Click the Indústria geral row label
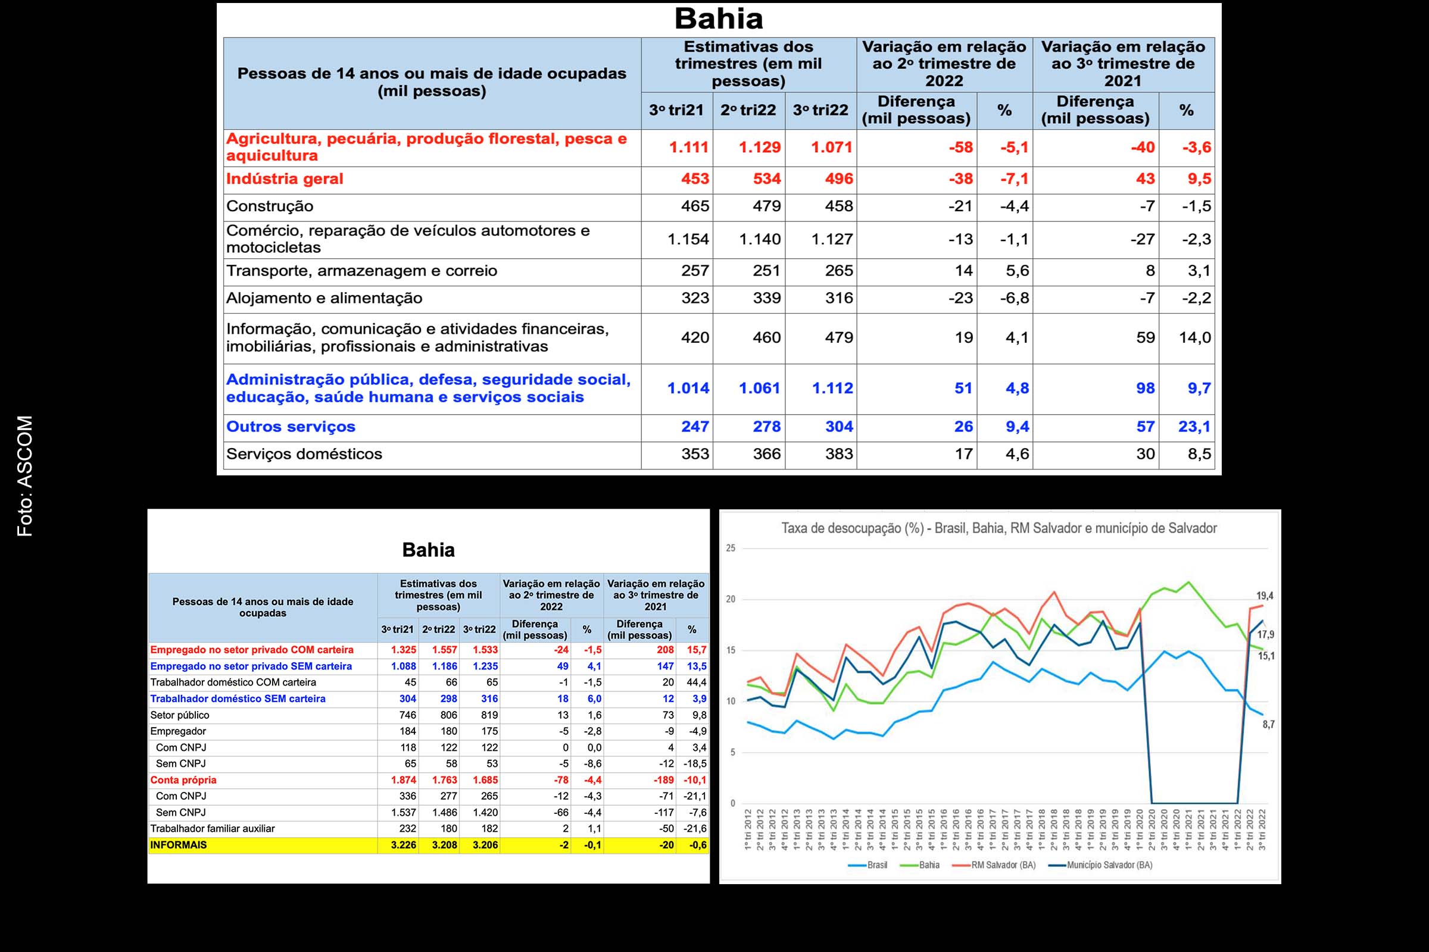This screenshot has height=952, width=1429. [x=285, y=179]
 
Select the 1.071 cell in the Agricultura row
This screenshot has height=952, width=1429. [x=831, y=148]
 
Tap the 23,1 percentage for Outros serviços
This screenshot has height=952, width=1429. [x=1194, y=427]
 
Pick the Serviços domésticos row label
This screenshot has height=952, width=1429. [x=304, y=454]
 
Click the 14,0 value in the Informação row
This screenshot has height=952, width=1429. [x=1194, y=337]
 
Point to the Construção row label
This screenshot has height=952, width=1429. [x=270, y=206]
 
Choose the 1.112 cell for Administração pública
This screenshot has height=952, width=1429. [x=832, y=389]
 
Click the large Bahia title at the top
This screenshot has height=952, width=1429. [x=718, y=19]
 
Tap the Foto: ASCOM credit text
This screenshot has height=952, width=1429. [x=25, y=476]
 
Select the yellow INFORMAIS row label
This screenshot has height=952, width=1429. [x=179, y=845]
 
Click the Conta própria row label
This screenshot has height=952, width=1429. [x=183, y=780]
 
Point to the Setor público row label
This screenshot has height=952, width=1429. [x=180, y=715]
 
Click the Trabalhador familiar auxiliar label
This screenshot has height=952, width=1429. [x=213, y=829]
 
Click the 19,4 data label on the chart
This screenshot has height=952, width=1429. [x=1264, y=596]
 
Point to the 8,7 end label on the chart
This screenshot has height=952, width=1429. [x=1269, y=724]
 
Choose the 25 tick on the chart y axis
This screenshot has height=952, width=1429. [x=731, y=548]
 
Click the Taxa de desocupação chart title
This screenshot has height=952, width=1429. [x=999, y=528]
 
